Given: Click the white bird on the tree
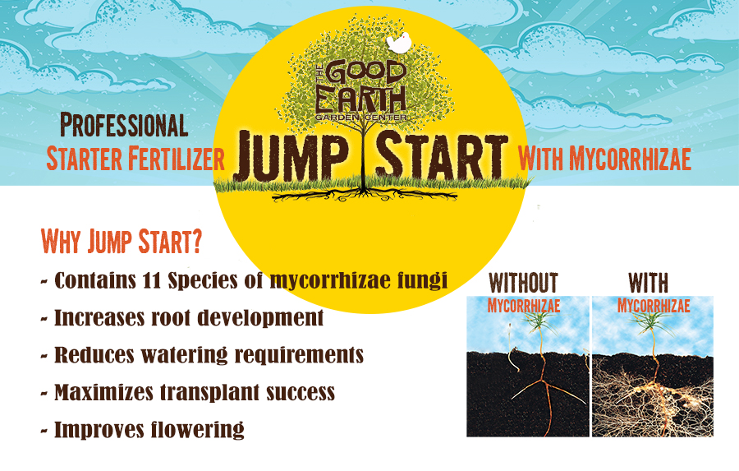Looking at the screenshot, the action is pos(398,43).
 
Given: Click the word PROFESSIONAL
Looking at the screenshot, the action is pos(124,125).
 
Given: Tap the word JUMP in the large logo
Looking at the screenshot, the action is pos(292,155).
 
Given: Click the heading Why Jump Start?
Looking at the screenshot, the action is pos(122,241).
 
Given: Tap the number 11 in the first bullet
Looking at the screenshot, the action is pos(151,280).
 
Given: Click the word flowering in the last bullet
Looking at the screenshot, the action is pos(197,429).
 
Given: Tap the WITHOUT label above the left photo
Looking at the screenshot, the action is pos(524,283).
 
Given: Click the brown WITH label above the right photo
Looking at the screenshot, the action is pos(648,283).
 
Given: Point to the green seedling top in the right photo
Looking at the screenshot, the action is pos(652,321).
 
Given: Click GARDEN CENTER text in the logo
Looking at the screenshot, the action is pos(361,117).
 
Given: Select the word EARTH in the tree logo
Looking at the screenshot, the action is pos(360,99).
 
